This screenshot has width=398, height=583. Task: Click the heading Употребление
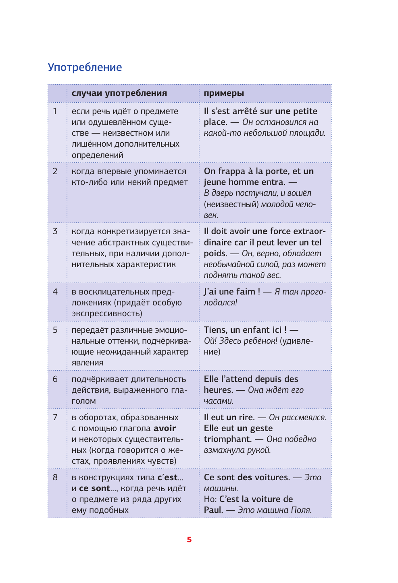pos(85,67)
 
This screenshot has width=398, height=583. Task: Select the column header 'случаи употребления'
pos(119,93)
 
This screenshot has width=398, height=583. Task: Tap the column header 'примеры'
pos(224,93)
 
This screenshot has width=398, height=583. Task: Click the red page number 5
pos(189,539)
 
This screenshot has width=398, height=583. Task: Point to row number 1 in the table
pos(55,111)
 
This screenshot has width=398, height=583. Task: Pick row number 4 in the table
pos(55,292)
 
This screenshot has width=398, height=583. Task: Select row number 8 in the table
pos(55,477)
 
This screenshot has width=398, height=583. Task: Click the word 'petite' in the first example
pos(305,111)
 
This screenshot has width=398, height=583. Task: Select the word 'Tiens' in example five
pos(215,330)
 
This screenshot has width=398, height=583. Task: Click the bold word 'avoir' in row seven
pos(165,428)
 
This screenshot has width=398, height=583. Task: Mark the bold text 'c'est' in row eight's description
pos(167,477)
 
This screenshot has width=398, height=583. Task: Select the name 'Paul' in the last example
pos(213,510)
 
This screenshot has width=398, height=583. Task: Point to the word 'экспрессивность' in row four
pos(106,313)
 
